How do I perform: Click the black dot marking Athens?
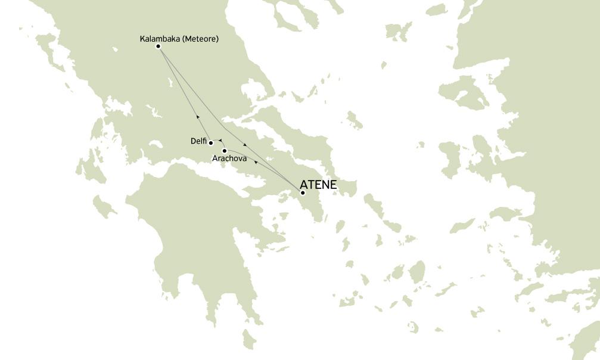(303, 193)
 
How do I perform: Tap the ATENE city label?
(318, 185)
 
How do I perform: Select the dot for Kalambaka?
(158, 46)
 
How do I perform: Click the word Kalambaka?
(160, 39)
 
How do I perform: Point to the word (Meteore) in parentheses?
(200, 39)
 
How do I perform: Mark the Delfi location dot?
(211, 143)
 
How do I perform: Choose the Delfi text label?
(198, 141)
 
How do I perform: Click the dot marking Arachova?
(225, 151)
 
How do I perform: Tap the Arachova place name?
(229, 159)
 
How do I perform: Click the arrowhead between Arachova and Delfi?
(220, 141)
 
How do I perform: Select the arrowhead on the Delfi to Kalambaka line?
(197, 117)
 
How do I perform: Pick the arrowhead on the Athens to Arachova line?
(255, 162)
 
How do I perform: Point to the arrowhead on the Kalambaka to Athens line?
(245, 145)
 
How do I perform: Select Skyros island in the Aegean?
(355, 122)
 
